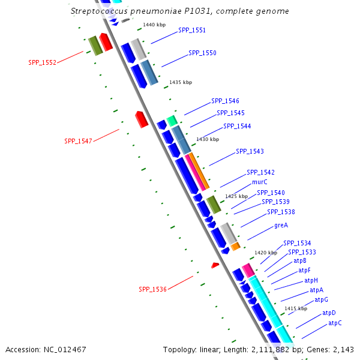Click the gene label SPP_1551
tap(191, 31)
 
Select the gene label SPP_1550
tap(202, 53)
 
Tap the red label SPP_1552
tap(42, 62)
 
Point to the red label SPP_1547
tap(78, 142)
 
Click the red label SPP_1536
tap(152, 289)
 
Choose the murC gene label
tap(260, 182)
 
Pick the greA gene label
tap(281, 225)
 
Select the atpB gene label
tap(300, 261)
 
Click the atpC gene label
tap(335, 323)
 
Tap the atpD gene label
tap(329, 313)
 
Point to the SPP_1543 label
tap(250, 151)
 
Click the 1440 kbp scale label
tap(154, 25)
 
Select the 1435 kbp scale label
tap(181, 82)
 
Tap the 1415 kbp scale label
tap(296, 308)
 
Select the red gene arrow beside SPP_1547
tap(142, 119)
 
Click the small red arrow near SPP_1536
tap(215, 265)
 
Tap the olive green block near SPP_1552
tap(95, 45)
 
